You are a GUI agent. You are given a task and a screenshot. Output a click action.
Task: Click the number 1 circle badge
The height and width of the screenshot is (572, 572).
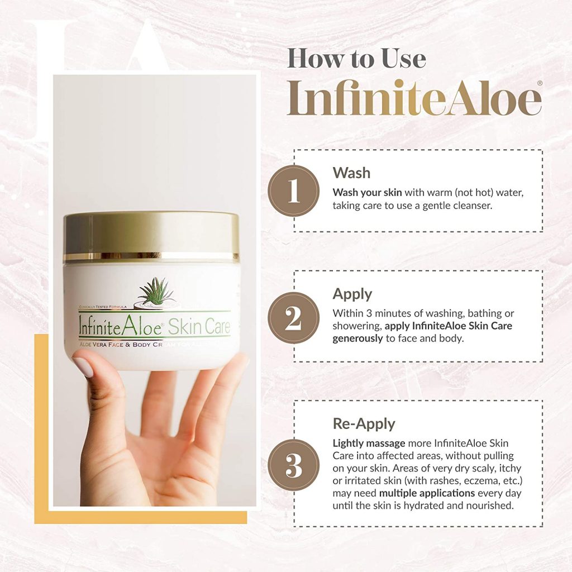[293, 191]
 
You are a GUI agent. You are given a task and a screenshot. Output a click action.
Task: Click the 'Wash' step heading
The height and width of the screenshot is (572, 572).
[351, 173]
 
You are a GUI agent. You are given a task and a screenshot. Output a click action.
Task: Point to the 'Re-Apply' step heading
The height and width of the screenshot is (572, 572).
[363, 424]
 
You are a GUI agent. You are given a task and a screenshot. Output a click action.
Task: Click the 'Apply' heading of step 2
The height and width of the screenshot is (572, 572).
[352, 294]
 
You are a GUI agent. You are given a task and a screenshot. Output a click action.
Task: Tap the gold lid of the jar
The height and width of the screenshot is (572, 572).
[151, 235]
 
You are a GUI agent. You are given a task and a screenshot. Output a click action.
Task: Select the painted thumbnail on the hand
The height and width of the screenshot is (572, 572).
[83, 366]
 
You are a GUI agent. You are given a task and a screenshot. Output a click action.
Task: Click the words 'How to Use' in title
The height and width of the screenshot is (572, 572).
[356, 59]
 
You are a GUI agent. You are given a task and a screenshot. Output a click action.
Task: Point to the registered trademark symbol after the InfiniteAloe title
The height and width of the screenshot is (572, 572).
[538, 83]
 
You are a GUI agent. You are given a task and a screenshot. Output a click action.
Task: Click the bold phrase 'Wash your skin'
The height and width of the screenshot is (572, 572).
[367, 192]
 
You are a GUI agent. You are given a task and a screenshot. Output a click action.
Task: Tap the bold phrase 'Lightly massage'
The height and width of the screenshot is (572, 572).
[369, 443]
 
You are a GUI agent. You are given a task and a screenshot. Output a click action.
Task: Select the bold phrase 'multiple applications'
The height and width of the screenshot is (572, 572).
[427, 493]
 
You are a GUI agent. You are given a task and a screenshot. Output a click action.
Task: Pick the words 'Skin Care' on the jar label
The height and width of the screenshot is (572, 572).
[198, 327]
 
